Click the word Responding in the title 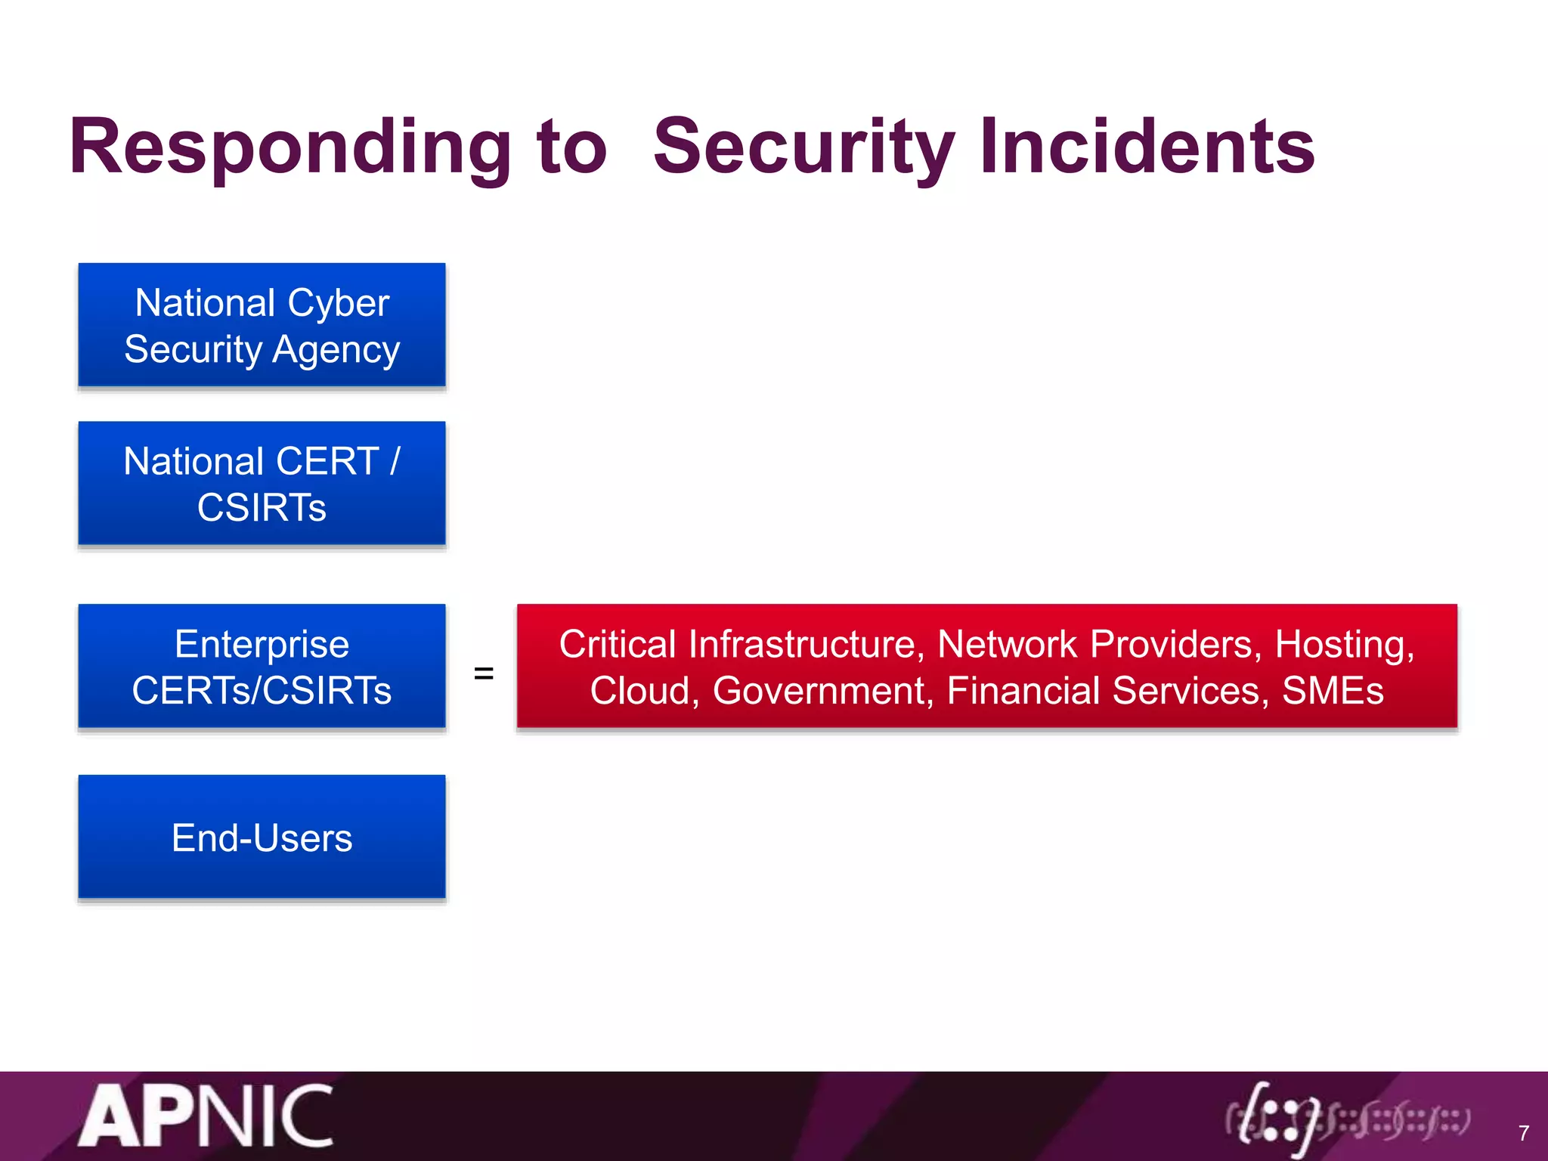pos(290,147)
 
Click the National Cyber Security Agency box pos(262,325)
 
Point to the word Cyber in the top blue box pos(338,303)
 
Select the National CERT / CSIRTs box pos(262,484)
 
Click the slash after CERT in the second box pos(395,461)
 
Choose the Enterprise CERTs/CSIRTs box pos(262,667)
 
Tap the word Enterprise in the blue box pos(262,644)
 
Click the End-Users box pos(262,837)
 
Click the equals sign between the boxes pos(484,673)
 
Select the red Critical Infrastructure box pos(986,667)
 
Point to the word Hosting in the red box pos(1344,644)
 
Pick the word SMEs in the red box pos(1333,690)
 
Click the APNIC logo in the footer pos(206,1116)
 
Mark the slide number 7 pos(1524,1133)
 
